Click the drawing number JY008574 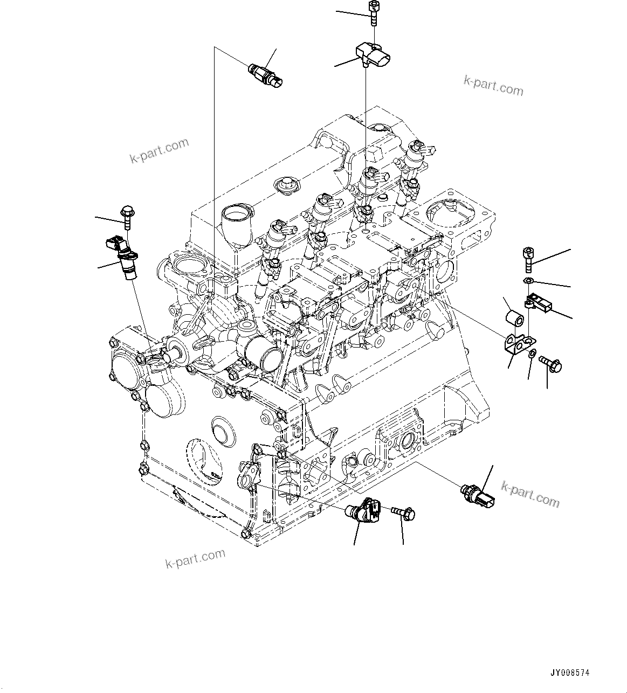pyautogui.click(x=570, y=673)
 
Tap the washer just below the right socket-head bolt pyautogui.click(x=528, y=281)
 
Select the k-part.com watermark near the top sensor pyautogui.click(x=493, y=86)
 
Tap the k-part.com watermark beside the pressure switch pyautogui.click(x=530, y=494)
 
